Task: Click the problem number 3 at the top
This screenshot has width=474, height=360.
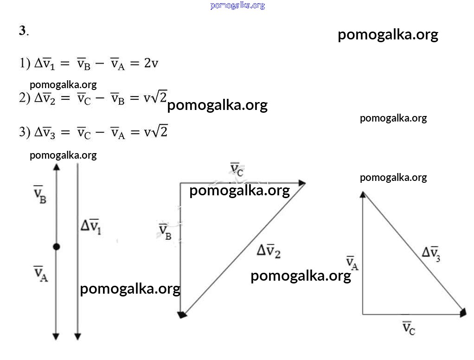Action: coord(23,31)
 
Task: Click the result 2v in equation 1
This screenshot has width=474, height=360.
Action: coord(151,63)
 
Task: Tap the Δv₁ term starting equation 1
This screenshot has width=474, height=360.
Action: coord(45,64)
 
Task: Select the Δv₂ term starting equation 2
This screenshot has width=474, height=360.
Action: coord(45,98)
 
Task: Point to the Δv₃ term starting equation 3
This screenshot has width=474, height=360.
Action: coord(45,132)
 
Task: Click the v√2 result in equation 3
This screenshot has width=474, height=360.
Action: coord(155,131)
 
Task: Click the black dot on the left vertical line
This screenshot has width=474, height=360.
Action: coord(56,247)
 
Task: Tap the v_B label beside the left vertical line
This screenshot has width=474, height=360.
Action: coord(39,194)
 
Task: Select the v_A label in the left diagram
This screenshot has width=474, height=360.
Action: coord(40,274)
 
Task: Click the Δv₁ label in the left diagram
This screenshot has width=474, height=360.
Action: coord(91,226)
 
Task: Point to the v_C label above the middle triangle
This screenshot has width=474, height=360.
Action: coord(237,169)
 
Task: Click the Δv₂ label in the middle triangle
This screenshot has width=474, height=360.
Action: coord(269,251)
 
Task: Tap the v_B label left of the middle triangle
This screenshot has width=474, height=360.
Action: coord(165,232)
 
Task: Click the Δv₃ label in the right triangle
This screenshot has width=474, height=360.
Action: coord(431,254)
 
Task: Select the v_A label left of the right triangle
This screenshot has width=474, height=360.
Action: coord(352,263)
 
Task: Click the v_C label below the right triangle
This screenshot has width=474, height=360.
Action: coord(409,328)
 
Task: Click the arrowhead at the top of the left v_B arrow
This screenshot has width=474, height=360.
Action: coord(57,167)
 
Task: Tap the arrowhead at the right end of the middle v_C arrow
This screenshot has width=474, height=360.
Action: coord(302,183)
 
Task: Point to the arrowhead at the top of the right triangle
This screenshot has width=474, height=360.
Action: coord(363,194)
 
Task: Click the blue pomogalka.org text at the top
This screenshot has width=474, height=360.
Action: coord(237,6)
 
